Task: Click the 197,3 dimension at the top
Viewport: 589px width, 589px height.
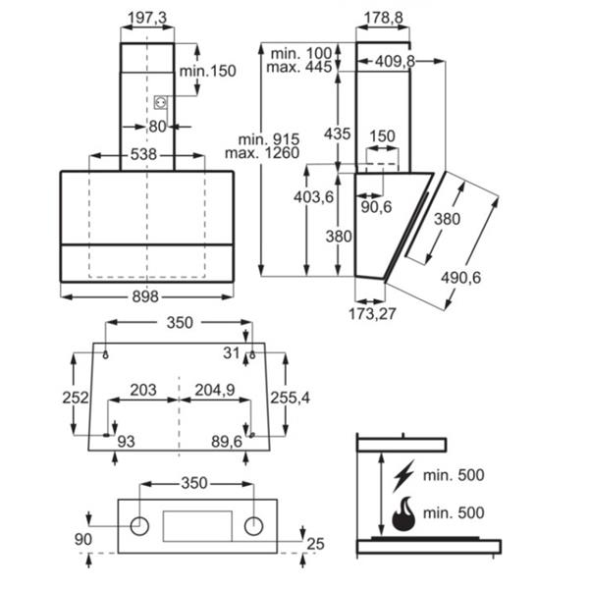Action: (x=147, y=20)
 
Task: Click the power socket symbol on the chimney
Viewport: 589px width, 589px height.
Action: (x=159, y=101)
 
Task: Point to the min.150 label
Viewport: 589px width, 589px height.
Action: (x=209, y=71)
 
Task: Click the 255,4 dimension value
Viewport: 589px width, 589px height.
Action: (x=292, y=397)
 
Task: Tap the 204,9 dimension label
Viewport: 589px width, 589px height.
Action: (x=215, y=390)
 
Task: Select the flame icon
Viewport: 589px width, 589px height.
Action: (x=402, y=513)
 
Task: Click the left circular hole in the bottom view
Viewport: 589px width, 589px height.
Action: (x=140, y=525)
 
